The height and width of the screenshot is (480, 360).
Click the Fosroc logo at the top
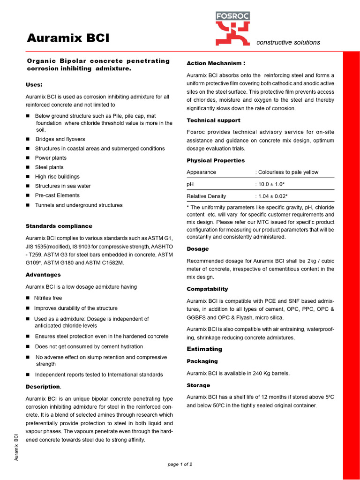232,29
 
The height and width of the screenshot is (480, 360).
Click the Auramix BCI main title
67,37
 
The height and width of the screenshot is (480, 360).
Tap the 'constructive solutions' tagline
288,43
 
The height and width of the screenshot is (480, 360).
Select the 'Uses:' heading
34,85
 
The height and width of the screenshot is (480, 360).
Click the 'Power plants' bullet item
51,158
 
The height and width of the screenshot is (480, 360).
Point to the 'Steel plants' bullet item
49,167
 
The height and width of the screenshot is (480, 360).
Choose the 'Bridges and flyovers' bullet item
60,139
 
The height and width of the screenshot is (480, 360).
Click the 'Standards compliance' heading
59,226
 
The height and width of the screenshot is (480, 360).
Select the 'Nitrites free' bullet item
48,298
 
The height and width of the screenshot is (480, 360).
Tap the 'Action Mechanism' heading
216,63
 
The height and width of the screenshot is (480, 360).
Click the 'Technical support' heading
213,120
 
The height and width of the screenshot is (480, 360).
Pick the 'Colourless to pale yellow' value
288,172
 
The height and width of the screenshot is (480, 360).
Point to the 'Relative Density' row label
206,196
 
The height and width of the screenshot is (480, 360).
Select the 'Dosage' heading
198,249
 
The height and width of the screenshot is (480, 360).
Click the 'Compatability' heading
207,289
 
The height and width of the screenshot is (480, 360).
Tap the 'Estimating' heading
204,349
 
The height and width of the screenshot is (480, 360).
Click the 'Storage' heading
198,385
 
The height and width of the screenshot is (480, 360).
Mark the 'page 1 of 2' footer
180,465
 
